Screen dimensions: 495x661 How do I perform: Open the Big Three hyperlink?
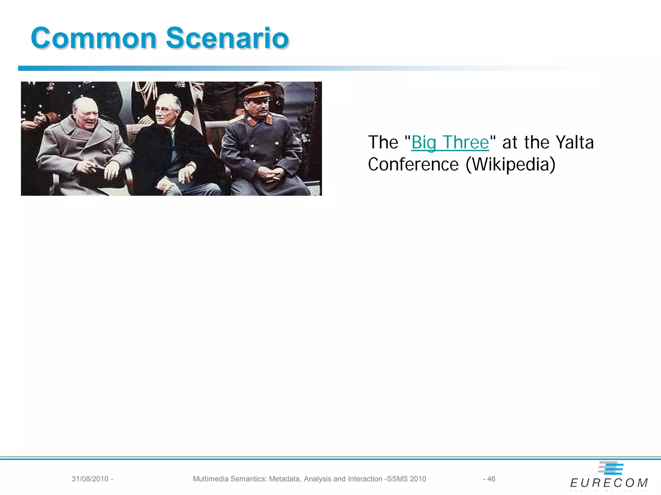coord(450,142)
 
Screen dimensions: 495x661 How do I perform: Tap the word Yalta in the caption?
coord(575,142)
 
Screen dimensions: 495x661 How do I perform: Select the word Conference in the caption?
coord(413,164)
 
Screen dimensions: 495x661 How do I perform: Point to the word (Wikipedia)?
coord(511,164)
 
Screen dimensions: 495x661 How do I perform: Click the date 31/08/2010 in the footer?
coord(90,479)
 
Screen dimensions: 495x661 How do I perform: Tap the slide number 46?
coord(491,479)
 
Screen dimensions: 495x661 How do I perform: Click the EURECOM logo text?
coord(609,483)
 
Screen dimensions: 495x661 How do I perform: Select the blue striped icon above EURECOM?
coord(611,468)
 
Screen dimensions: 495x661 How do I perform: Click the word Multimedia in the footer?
coord(211,479)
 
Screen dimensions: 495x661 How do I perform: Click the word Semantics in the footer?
coord(249,479)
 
